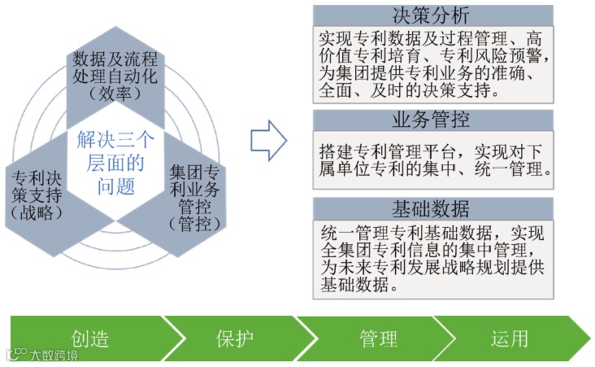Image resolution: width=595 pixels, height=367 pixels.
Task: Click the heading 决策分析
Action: click(432, 16)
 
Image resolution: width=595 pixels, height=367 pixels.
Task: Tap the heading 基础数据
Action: click(432, 210)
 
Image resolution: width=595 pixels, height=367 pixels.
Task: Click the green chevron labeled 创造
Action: click(89, 339)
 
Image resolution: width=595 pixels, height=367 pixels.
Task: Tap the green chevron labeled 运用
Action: click(511, 339)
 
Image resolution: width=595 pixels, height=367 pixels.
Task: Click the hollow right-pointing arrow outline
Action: click(268, 140)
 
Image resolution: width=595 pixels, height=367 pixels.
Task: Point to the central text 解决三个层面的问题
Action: click(114, 163)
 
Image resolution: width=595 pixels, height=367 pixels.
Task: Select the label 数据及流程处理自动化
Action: click(115, 69)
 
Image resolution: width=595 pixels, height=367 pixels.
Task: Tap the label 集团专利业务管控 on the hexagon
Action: click(193, 189)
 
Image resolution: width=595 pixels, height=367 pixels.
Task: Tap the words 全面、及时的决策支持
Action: click(407, 91)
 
